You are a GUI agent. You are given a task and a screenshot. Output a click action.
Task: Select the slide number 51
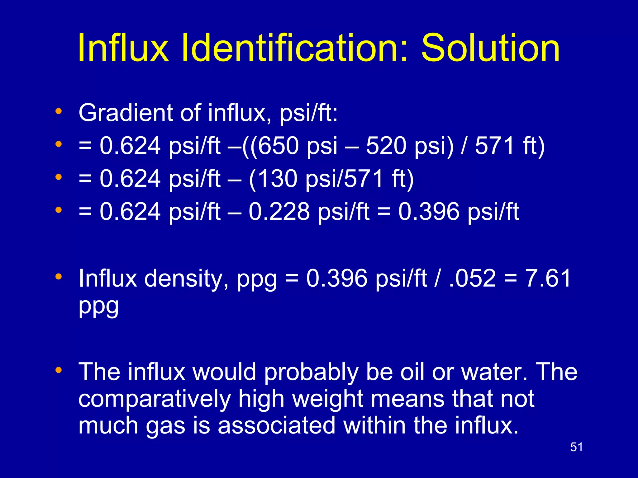[x=576, y=447]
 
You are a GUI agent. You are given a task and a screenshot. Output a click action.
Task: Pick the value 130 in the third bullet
[x=277, y=179]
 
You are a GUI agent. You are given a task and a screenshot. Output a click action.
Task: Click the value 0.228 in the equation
[x=279, y=212]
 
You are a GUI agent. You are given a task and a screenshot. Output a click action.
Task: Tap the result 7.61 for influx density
[x=548, y=278]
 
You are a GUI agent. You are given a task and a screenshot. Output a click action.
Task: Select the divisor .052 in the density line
[x=472, y=278]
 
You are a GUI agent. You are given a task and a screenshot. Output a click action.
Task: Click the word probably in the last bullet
[x=311, y=372]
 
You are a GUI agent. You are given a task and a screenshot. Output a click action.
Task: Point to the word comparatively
[x=155, y=399]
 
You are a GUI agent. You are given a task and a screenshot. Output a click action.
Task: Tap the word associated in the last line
[x=276, y=425]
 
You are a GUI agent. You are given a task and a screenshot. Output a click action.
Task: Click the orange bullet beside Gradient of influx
[x=59, y=111]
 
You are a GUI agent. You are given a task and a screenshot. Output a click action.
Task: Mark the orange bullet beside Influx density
[x=59, y=276]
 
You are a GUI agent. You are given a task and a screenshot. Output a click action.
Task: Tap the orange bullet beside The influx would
[x=59, y=370]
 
